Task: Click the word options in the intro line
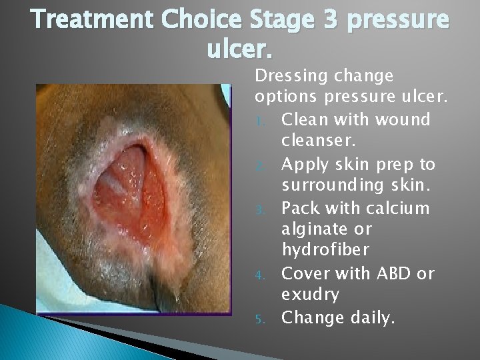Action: (x=286, y=97)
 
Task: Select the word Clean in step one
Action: (x=303, y=121)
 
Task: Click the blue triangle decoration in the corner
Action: (x=40, y=333)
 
